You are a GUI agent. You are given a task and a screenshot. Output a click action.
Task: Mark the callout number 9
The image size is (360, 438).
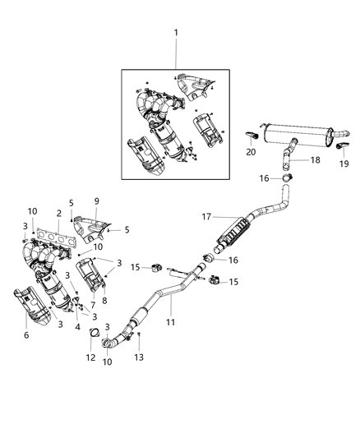click(96, 201)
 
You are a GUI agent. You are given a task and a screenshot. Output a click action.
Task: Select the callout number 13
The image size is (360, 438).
click(140, 357)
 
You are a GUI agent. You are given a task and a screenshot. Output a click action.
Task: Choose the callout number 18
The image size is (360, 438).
click(315, 160)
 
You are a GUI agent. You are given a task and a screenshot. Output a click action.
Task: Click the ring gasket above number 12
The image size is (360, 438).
click(95, 335)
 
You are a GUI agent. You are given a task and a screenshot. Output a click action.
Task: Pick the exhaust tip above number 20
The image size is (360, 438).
click(253, 134)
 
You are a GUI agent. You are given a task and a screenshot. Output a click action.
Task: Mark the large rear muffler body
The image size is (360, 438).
click(297, 135)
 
